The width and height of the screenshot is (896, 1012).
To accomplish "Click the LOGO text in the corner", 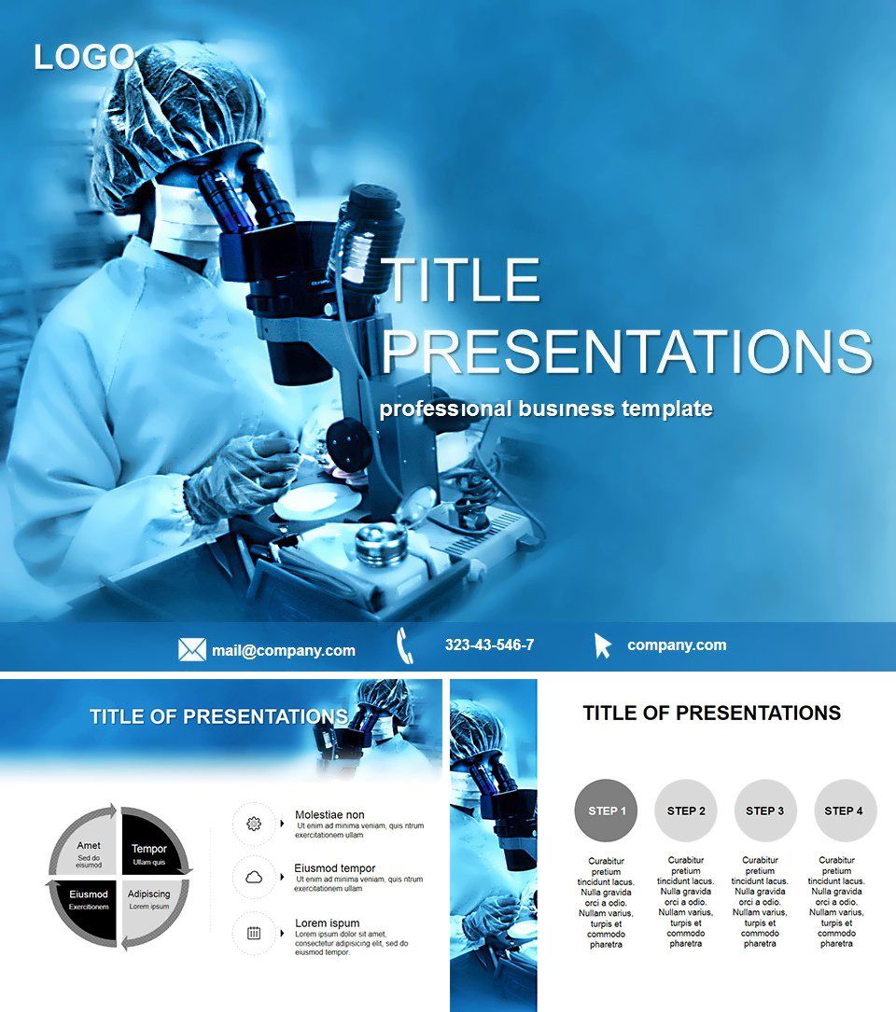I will tap(84, 58).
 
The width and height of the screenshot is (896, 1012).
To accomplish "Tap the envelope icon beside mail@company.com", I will tap(191, 650).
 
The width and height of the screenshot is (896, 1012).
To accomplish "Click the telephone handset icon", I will tap(404, 645).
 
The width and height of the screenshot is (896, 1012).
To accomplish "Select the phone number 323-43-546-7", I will tap(489, 645).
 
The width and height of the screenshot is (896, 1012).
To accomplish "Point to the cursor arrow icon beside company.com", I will tap(603, 645).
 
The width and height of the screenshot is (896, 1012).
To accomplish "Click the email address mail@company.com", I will tap(283, 651).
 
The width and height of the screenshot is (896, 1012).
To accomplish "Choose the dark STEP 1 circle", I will tap(607, 811).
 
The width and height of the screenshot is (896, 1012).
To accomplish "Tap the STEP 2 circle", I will tap(686, 811).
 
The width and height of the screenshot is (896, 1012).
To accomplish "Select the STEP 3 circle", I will tap(765, 811).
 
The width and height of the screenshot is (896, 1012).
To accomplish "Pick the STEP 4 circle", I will tap(845, 811).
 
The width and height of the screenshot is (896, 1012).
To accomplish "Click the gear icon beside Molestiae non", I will tap(253, 824).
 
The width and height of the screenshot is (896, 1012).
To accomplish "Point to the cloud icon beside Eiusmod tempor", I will tap(253, 877).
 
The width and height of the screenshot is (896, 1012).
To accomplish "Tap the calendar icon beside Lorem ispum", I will tap(253, 932).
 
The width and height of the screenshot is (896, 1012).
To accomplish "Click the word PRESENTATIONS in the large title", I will tap(626, 352).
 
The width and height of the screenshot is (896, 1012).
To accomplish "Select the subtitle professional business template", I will tap(546, 409).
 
